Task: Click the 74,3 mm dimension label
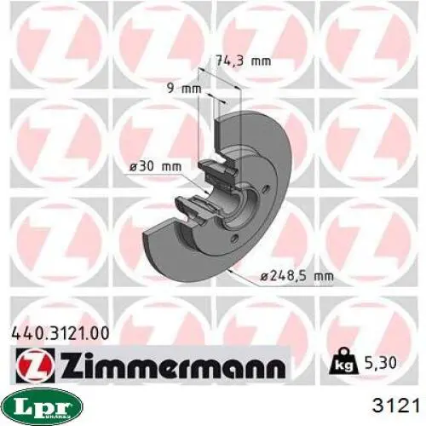point(244,60)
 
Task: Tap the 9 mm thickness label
point(184,89)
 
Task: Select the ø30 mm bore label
point(155,166)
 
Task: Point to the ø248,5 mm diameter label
point(296,275)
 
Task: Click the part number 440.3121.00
point(60,333)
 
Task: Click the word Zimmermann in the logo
point(172,366)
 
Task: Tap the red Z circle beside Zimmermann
point(35,366)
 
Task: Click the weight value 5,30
point(379,362)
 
